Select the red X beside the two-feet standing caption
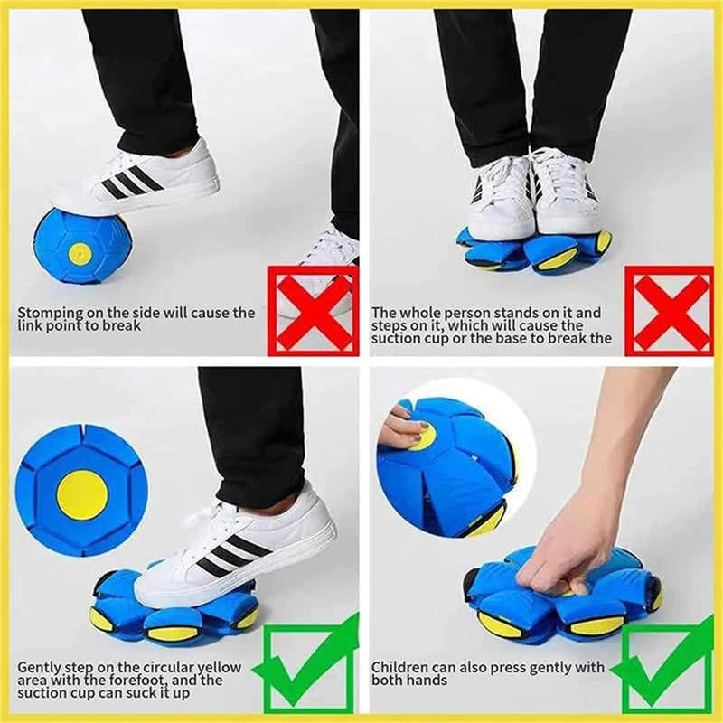click(668, 309)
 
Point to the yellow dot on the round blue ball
click(80, 254)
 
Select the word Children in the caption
click(399, 668)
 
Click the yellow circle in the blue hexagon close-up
click(82, 494)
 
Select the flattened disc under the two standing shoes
click(533, 251)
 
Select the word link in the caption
click(30, 325)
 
